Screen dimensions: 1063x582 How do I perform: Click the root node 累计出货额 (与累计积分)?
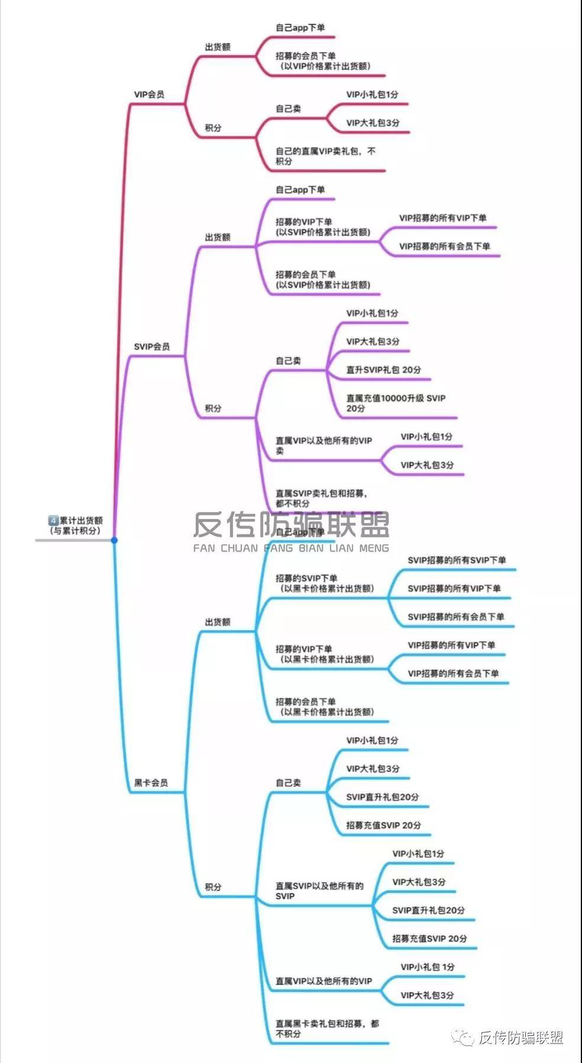click(76, 526)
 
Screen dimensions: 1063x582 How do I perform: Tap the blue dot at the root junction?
click(114, 540)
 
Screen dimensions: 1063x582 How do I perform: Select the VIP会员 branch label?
click(149, 95)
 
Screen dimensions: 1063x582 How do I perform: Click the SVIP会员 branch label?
click(151, 347)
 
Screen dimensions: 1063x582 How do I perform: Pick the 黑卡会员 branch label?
click(151, 783)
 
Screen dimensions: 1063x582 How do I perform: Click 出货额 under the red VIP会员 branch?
click(218, 47)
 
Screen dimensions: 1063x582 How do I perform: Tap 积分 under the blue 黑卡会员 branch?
click(213, 887)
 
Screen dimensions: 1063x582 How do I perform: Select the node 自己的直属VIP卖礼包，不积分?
click(325, 156)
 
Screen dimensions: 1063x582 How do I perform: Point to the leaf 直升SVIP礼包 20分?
click(383, 370)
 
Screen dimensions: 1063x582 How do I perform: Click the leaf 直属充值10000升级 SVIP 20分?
click(395, 403)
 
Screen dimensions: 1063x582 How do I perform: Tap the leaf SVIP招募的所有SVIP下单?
click(457, 561)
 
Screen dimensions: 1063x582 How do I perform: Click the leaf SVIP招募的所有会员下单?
click(455, 617)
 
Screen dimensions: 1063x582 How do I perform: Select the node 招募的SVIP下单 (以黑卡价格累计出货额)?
click(325, 584)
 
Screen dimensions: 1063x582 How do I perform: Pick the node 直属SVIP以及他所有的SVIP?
click(319, 891)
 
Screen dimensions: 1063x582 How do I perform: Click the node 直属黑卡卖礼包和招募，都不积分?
click(327, 1028)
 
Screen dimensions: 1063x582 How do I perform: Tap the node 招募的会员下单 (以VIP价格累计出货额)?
click(324, 61)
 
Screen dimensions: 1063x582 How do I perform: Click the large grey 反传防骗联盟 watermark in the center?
click(291, 524)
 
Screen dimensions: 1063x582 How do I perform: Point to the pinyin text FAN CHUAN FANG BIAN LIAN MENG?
click(291, 548)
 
